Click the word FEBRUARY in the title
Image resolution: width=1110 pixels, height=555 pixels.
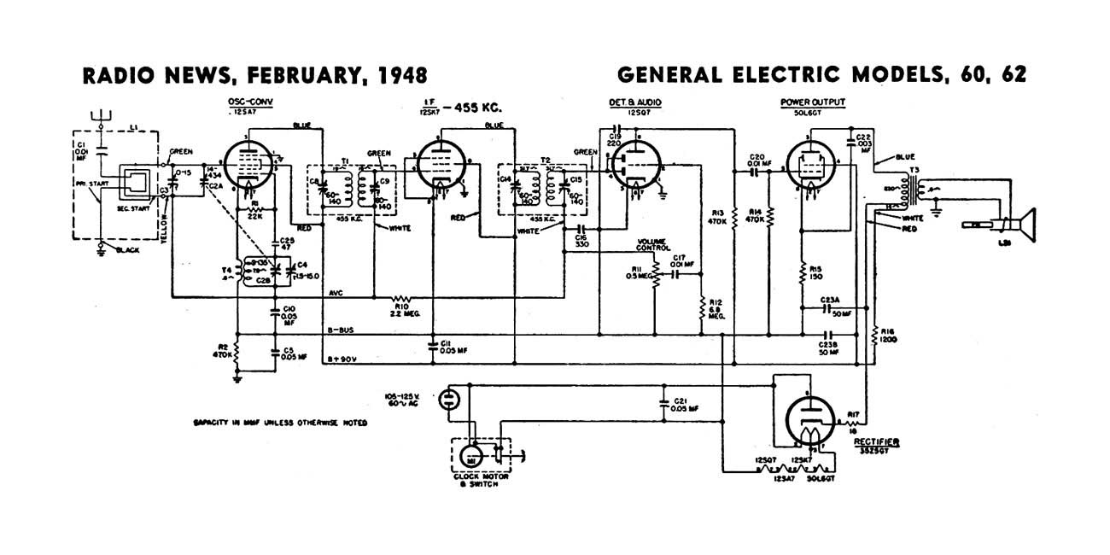point(295,76)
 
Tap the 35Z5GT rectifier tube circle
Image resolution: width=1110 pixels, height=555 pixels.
point(808,418)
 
